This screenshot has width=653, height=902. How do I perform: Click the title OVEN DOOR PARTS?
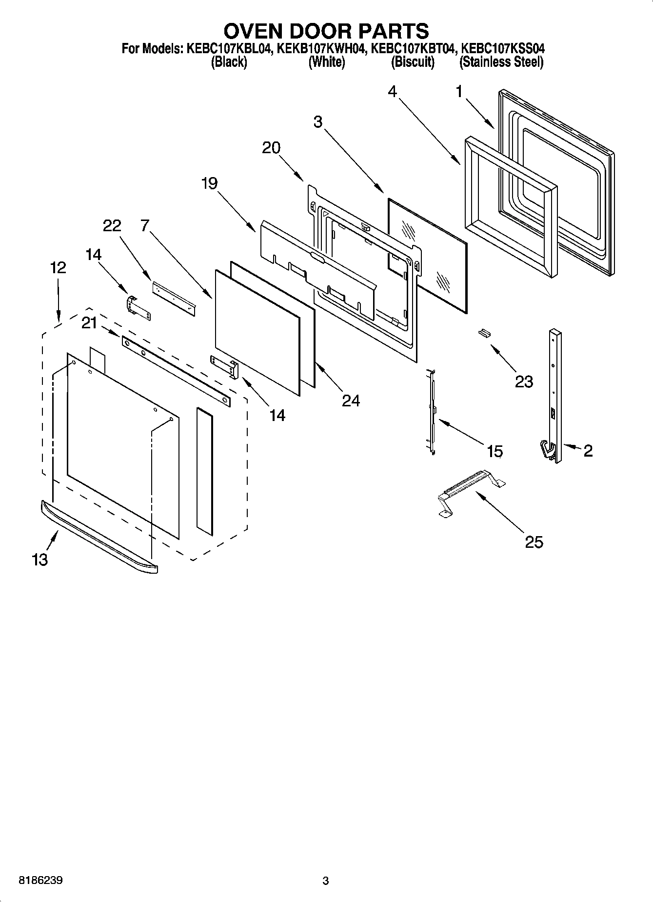tap(326, 31)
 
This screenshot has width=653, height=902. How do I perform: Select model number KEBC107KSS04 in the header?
tap(503, 49)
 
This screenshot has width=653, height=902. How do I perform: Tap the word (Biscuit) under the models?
tap(413, 62)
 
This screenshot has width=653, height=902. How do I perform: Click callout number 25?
tap(534, 542)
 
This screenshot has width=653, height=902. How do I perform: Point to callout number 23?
tap(524, 381)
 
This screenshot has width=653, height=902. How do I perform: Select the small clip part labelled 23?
tap(484, 333)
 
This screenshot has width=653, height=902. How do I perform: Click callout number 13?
tap(40, 560)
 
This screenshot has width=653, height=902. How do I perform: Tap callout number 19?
tap(209, 183)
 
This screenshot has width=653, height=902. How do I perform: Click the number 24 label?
tap(351, 401)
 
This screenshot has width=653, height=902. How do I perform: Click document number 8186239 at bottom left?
tap(40, 881)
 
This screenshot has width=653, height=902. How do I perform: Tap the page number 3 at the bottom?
tap(326, 881)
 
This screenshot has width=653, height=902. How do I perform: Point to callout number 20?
tap(271, 147)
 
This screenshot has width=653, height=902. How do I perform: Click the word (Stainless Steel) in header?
tap(501, 62)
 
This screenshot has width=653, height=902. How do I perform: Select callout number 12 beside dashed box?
tap(58, 267)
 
